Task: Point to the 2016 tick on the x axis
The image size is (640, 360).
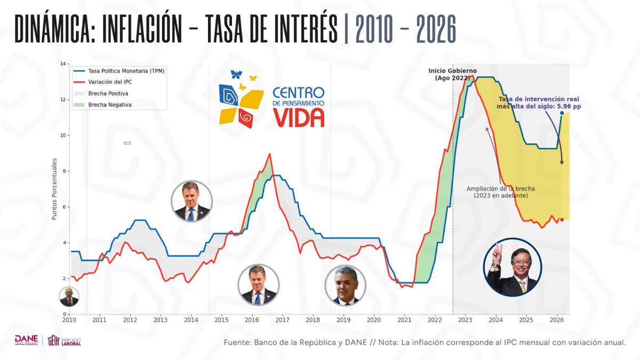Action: pos(252,320)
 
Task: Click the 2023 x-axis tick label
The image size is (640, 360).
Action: pos(465,320)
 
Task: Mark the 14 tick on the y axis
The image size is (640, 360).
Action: pos(63,64)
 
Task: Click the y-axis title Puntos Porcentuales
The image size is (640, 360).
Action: pos(54,188)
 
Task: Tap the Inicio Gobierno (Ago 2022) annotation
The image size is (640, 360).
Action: pos(452,74)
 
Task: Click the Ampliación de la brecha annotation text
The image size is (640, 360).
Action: pos(500,192)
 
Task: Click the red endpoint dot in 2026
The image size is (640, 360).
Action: pos(562,220)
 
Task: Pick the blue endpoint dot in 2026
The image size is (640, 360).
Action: pos(562,113)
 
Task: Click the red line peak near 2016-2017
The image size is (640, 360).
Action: pos(270,154)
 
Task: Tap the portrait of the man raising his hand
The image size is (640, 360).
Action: pos(513,267)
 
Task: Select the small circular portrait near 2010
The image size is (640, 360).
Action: pos(69,297)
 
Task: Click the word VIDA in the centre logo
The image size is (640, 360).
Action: pos(298,117)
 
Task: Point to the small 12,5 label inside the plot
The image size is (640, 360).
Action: pos(127,143)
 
